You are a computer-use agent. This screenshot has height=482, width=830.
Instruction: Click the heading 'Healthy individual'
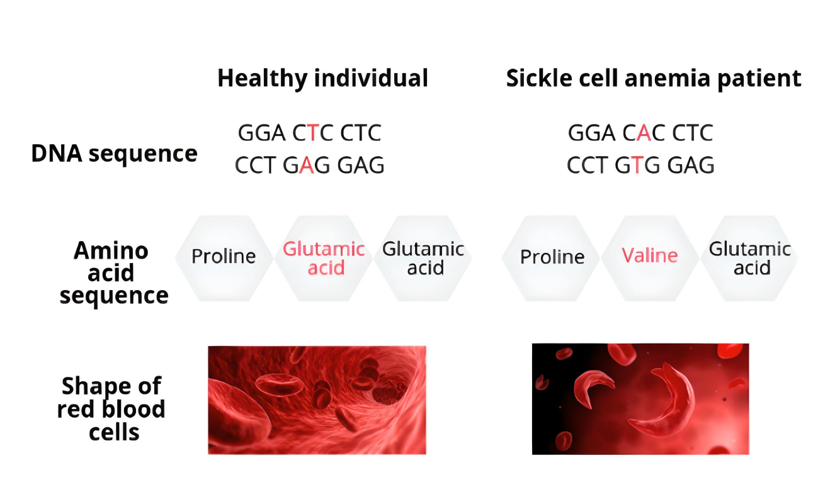click(322, 78)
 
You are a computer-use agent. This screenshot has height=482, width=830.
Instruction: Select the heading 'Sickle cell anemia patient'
click(654, 78)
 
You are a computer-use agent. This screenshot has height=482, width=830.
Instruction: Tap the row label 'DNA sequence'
click(114, 154)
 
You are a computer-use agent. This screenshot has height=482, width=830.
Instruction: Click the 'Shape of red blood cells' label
click(111, 409)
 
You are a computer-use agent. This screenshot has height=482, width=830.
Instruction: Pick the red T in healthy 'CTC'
click(313, 133)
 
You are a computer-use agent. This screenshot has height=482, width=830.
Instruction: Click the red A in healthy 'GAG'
click(307, 165)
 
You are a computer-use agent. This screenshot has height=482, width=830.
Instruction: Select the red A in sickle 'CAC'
click(644, 133)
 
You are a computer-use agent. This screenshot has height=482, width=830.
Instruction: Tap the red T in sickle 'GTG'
click(637, 165)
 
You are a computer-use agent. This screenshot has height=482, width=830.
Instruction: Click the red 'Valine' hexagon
click(650, 258)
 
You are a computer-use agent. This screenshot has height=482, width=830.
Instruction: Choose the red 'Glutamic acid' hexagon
click(324, 258)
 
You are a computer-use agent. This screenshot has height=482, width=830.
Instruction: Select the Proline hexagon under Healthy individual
click(224, 258)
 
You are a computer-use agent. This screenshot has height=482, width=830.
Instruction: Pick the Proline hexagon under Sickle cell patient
click(551, 258)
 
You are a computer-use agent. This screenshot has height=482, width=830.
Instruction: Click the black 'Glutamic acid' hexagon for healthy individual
click(423, 258)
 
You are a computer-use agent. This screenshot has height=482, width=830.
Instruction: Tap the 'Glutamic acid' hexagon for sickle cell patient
click(749, 258)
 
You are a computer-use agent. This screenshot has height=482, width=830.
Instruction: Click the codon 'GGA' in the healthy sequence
click(261, 133)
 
